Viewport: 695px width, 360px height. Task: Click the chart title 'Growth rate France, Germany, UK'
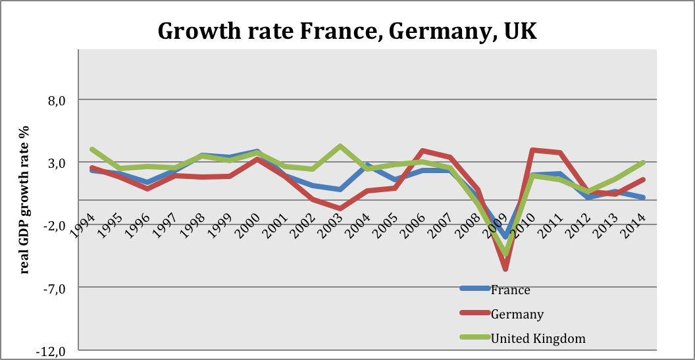347,31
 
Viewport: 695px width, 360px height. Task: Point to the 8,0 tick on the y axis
58,100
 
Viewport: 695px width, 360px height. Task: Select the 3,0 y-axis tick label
58,163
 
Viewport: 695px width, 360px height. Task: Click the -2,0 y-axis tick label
56,225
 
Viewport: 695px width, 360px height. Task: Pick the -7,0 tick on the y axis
56,288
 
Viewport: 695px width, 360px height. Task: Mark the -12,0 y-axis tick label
53,350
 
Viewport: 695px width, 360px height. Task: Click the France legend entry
510,290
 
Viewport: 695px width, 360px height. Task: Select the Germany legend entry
517,314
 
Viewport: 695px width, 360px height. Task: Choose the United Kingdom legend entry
538,338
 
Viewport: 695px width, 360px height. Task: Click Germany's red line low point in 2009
505,269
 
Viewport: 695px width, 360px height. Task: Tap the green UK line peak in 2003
340,146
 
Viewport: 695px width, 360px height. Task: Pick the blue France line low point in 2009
505,237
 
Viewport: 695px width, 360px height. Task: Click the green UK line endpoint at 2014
643,163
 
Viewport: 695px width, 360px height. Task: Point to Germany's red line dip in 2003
340,209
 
